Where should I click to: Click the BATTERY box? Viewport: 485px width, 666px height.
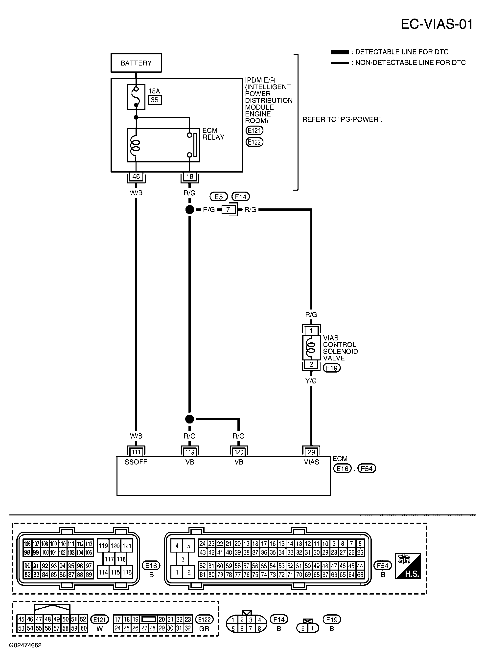click(x=136, y=63)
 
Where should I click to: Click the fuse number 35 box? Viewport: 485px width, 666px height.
click(x=155, y=100)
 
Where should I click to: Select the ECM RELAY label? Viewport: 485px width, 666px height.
click(x=213, y=134)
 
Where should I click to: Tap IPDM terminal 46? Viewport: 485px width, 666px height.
click(x=136, y=177)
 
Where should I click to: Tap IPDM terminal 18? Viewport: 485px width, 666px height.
click(x=190, y=177)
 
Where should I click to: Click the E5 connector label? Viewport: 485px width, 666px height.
click(x=219, y=197)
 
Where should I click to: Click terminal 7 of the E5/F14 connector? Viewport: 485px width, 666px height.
click(x=228, y=210)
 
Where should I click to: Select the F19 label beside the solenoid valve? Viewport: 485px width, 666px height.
click(x=332, y=368)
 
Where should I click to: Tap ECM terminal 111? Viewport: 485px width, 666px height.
click(x=136, y=452)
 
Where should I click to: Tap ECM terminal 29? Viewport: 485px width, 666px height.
click(x=311, y=452)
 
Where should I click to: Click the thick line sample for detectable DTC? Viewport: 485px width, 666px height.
click(x=340, y=52)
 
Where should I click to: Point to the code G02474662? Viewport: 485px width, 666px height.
click(x=25, y=645)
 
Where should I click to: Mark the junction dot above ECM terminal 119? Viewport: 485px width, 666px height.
click(x=190, y=419)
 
